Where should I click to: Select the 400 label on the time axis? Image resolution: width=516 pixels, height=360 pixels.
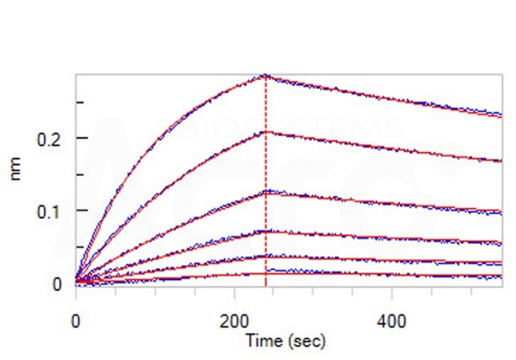click(x=392, y=321)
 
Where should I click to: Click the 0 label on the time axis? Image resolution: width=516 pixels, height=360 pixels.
click(x=76, y=321)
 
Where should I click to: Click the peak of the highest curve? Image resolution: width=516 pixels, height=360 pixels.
click(x=265, y=76)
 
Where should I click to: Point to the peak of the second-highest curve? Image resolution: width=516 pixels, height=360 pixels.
click(x=265, y=132)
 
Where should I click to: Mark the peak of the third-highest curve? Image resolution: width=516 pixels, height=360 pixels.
click(x=265, y=192)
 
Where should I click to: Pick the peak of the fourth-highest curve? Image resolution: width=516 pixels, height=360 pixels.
click(x=265, y=231)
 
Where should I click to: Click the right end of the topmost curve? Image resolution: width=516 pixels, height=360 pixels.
click(x=500, y=115)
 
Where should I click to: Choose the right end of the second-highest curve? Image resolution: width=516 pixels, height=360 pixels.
click(x=500, y=161)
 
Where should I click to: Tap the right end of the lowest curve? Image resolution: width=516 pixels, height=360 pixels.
click(x=500, y=277)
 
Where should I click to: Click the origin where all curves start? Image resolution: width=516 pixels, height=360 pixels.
click(x=76, y=282)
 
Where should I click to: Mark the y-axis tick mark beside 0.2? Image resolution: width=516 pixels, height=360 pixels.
click(x=79, y=138)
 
